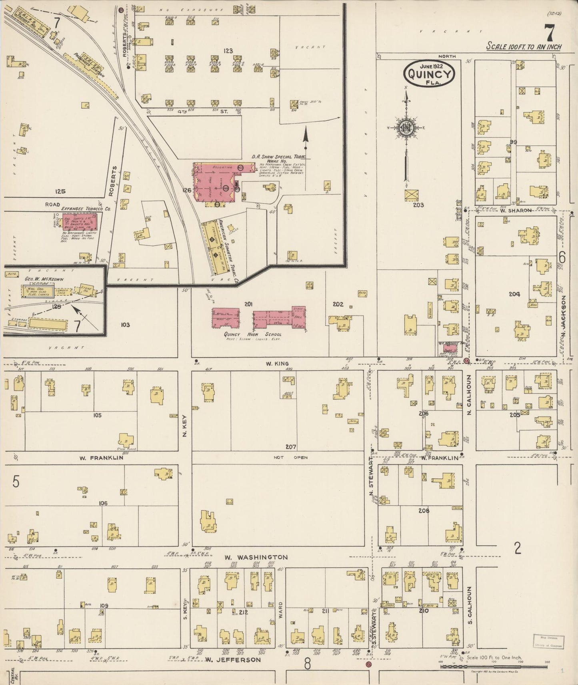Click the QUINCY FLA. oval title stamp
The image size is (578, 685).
(430, 74)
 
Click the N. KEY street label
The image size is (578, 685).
(185, 425)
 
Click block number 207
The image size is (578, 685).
(290, 447)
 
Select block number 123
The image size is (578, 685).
(228, 51)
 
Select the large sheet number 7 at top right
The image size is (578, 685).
(548, 33)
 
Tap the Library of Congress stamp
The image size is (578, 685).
(548, 641)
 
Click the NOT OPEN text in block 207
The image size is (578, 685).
(290, 458)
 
